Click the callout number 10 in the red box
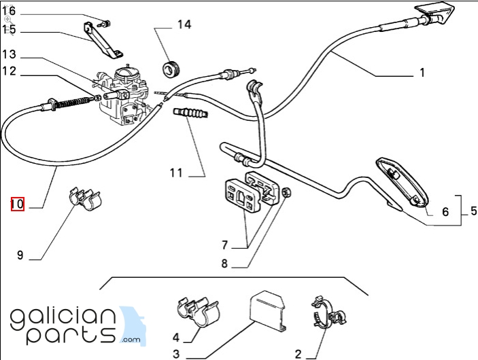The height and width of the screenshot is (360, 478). tap(18, 204)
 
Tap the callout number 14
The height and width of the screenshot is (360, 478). tap(184, 24)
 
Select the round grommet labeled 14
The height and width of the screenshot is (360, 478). tap(171, 70)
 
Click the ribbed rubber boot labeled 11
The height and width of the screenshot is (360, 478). tap(191, 113)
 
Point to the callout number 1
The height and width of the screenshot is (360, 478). tap(422, 73)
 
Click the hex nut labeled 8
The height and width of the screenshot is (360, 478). tap(286, 192)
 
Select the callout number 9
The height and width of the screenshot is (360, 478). tap(20, 255)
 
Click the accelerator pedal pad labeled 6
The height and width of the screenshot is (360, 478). tap(403, 182)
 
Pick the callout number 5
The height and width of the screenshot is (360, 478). tap(473, 211)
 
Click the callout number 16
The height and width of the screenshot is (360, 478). tap(9, 12)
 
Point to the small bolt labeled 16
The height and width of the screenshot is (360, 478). tap(106, 24)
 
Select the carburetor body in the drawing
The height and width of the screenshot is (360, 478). tap(124, 94)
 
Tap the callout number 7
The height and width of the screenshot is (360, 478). tap(224, 245)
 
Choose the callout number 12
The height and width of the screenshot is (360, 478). tap(9, 71)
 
